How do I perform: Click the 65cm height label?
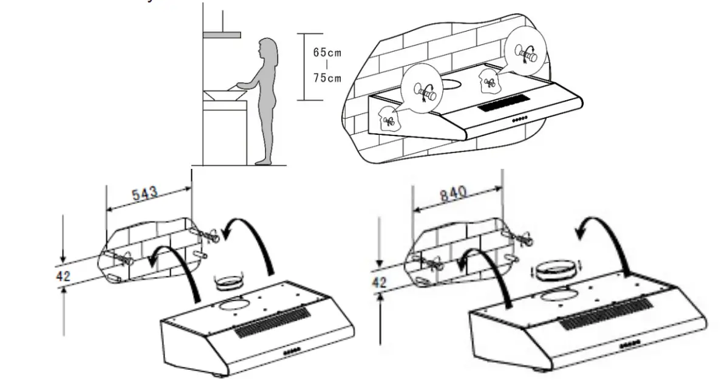327,52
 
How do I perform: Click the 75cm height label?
327,78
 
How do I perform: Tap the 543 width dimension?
145,194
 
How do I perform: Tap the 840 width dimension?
452,193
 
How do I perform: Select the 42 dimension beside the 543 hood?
63,276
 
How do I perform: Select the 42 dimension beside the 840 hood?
378,282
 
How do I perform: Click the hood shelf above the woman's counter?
222,35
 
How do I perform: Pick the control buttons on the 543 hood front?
294,351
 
